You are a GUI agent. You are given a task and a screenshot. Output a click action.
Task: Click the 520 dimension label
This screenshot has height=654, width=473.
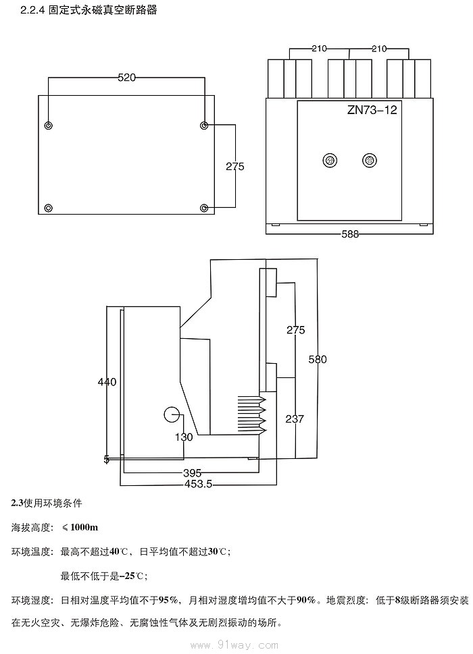126,78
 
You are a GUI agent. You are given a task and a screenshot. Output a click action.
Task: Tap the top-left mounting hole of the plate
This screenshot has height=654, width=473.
48,126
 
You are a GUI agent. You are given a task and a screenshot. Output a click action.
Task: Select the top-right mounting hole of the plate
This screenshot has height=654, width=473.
204,126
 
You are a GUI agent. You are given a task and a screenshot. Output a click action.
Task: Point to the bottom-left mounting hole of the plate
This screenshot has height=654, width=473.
48,207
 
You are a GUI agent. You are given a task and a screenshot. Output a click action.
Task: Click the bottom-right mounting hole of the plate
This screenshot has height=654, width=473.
204,207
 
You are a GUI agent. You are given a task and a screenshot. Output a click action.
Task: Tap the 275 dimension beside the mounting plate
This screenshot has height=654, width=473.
234,167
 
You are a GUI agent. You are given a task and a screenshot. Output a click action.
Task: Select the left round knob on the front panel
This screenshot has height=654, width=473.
330,160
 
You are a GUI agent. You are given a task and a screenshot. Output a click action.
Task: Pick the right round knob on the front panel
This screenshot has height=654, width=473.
369,160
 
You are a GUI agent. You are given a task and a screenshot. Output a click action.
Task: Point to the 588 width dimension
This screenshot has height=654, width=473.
350,234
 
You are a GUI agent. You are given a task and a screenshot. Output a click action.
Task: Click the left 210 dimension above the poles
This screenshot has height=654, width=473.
320,49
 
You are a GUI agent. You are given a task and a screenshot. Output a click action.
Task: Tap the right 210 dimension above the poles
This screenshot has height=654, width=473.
379,49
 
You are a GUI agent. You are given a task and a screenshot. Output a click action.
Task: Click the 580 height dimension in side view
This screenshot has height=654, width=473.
318,360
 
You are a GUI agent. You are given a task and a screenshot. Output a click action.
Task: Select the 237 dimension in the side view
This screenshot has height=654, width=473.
295,419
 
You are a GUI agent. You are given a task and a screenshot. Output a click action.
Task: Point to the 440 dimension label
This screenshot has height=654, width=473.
107,382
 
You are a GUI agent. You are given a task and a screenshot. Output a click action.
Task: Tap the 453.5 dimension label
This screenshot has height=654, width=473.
199,484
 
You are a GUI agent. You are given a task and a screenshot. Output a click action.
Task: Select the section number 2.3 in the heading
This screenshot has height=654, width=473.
18,503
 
